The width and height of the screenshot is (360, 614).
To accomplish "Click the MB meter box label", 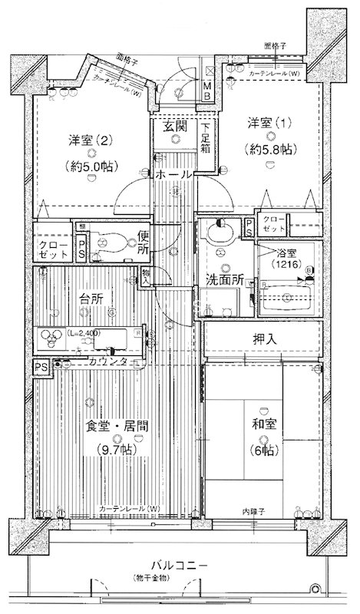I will pyautogui.click(x=207, y=91).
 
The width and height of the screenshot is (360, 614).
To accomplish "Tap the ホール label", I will pyautogui.click(x=174, y=175).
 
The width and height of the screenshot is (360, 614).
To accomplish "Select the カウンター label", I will pyautogui.click(x=107, y=361).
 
